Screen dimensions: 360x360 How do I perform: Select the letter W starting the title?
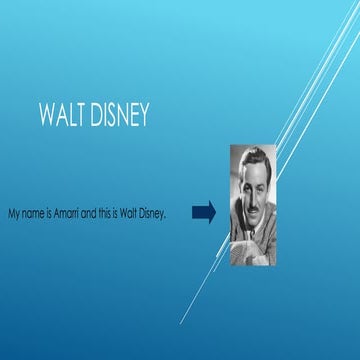click(44, 115)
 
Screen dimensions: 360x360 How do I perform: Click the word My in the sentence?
click(12, 214)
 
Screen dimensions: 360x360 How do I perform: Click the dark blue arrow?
click(203, 212)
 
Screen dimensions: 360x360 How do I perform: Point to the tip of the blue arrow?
click(214, 212)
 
